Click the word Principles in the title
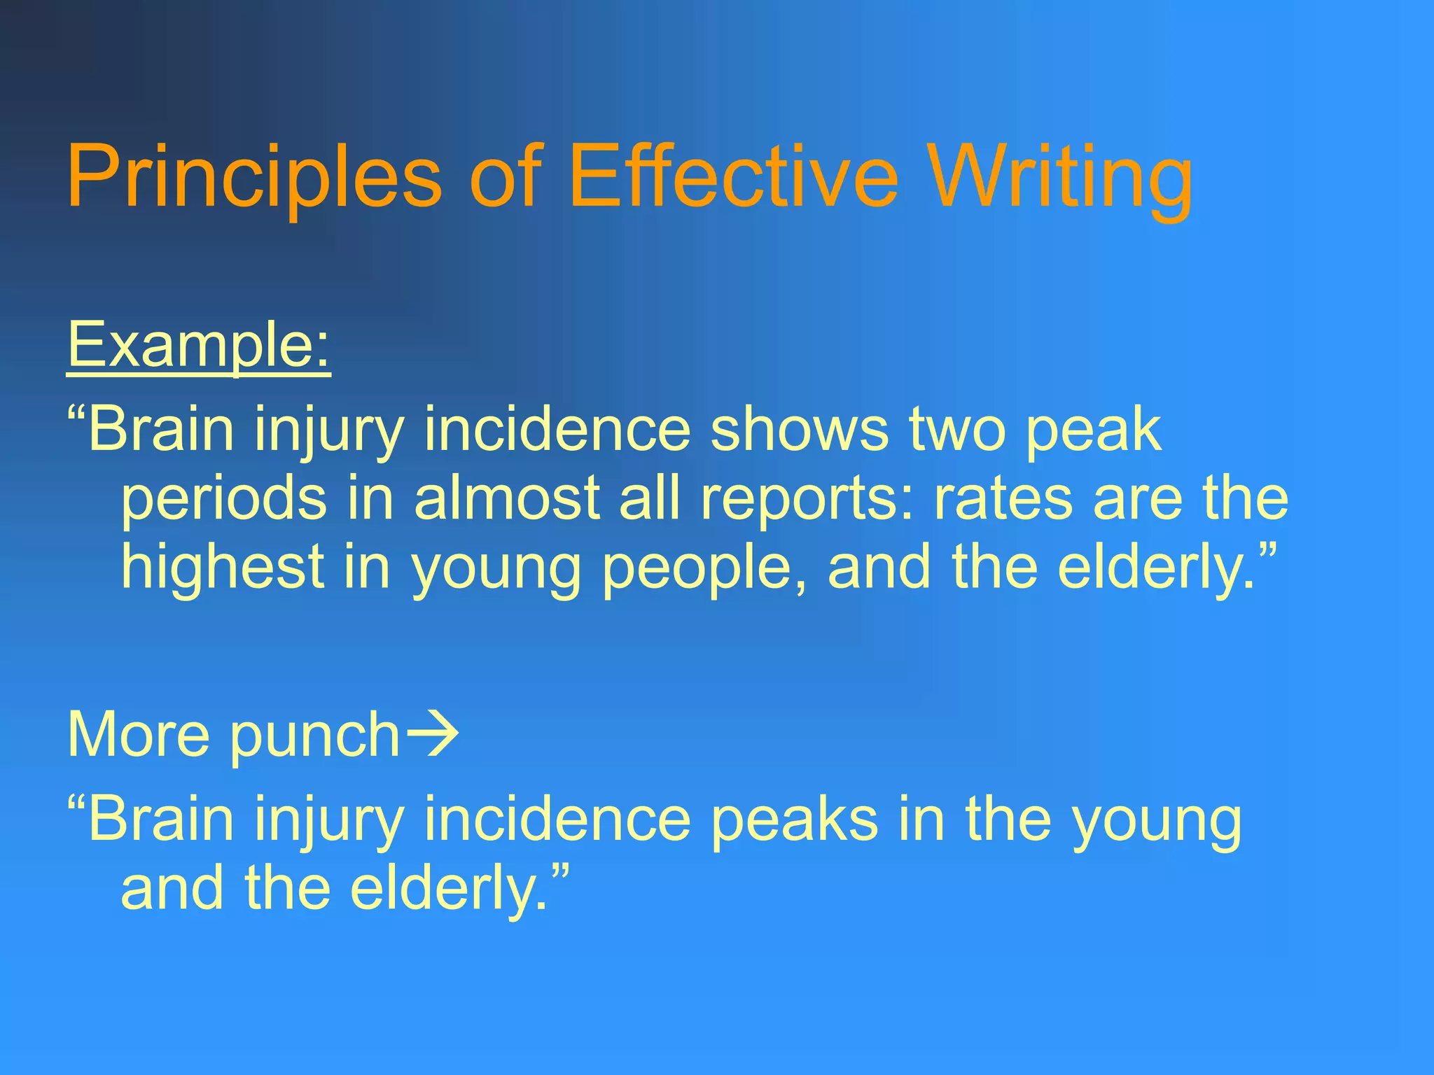coord(253,176)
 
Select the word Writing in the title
coord(1061,176)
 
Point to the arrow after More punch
coord(433,733)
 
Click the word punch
coord(314,736)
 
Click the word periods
coord(223,500)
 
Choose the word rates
coord(1003,498)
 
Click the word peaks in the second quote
coord(794,819)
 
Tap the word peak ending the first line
coord(1093,431)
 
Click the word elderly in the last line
coord(447,889)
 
